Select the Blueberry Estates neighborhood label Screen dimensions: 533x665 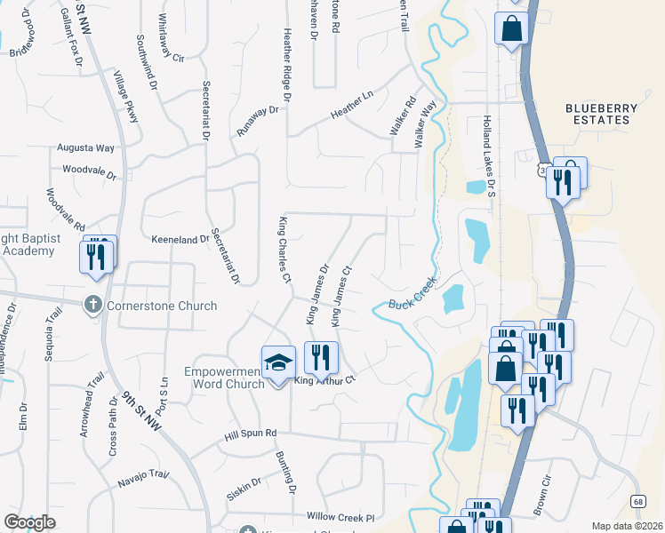(602, 115)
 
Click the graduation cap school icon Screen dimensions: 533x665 (278, 362)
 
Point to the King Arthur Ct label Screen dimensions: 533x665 (324, 379)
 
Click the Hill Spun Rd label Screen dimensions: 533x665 (251, 433)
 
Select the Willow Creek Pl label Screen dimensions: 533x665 (341, 516)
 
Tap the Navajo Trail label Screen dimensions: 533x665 (143, 480)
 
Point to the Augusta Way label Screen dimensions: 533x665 (86, 148)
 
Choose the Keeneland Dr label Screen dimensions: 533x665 (180, 240)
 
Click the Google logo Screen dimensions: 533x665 (29, 521)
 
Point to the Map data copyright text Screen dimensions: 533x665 (627, 526)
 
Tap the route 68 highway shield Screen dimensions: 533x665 (638, 502)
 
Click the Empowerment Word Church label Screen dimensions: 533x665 (224, 378)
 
